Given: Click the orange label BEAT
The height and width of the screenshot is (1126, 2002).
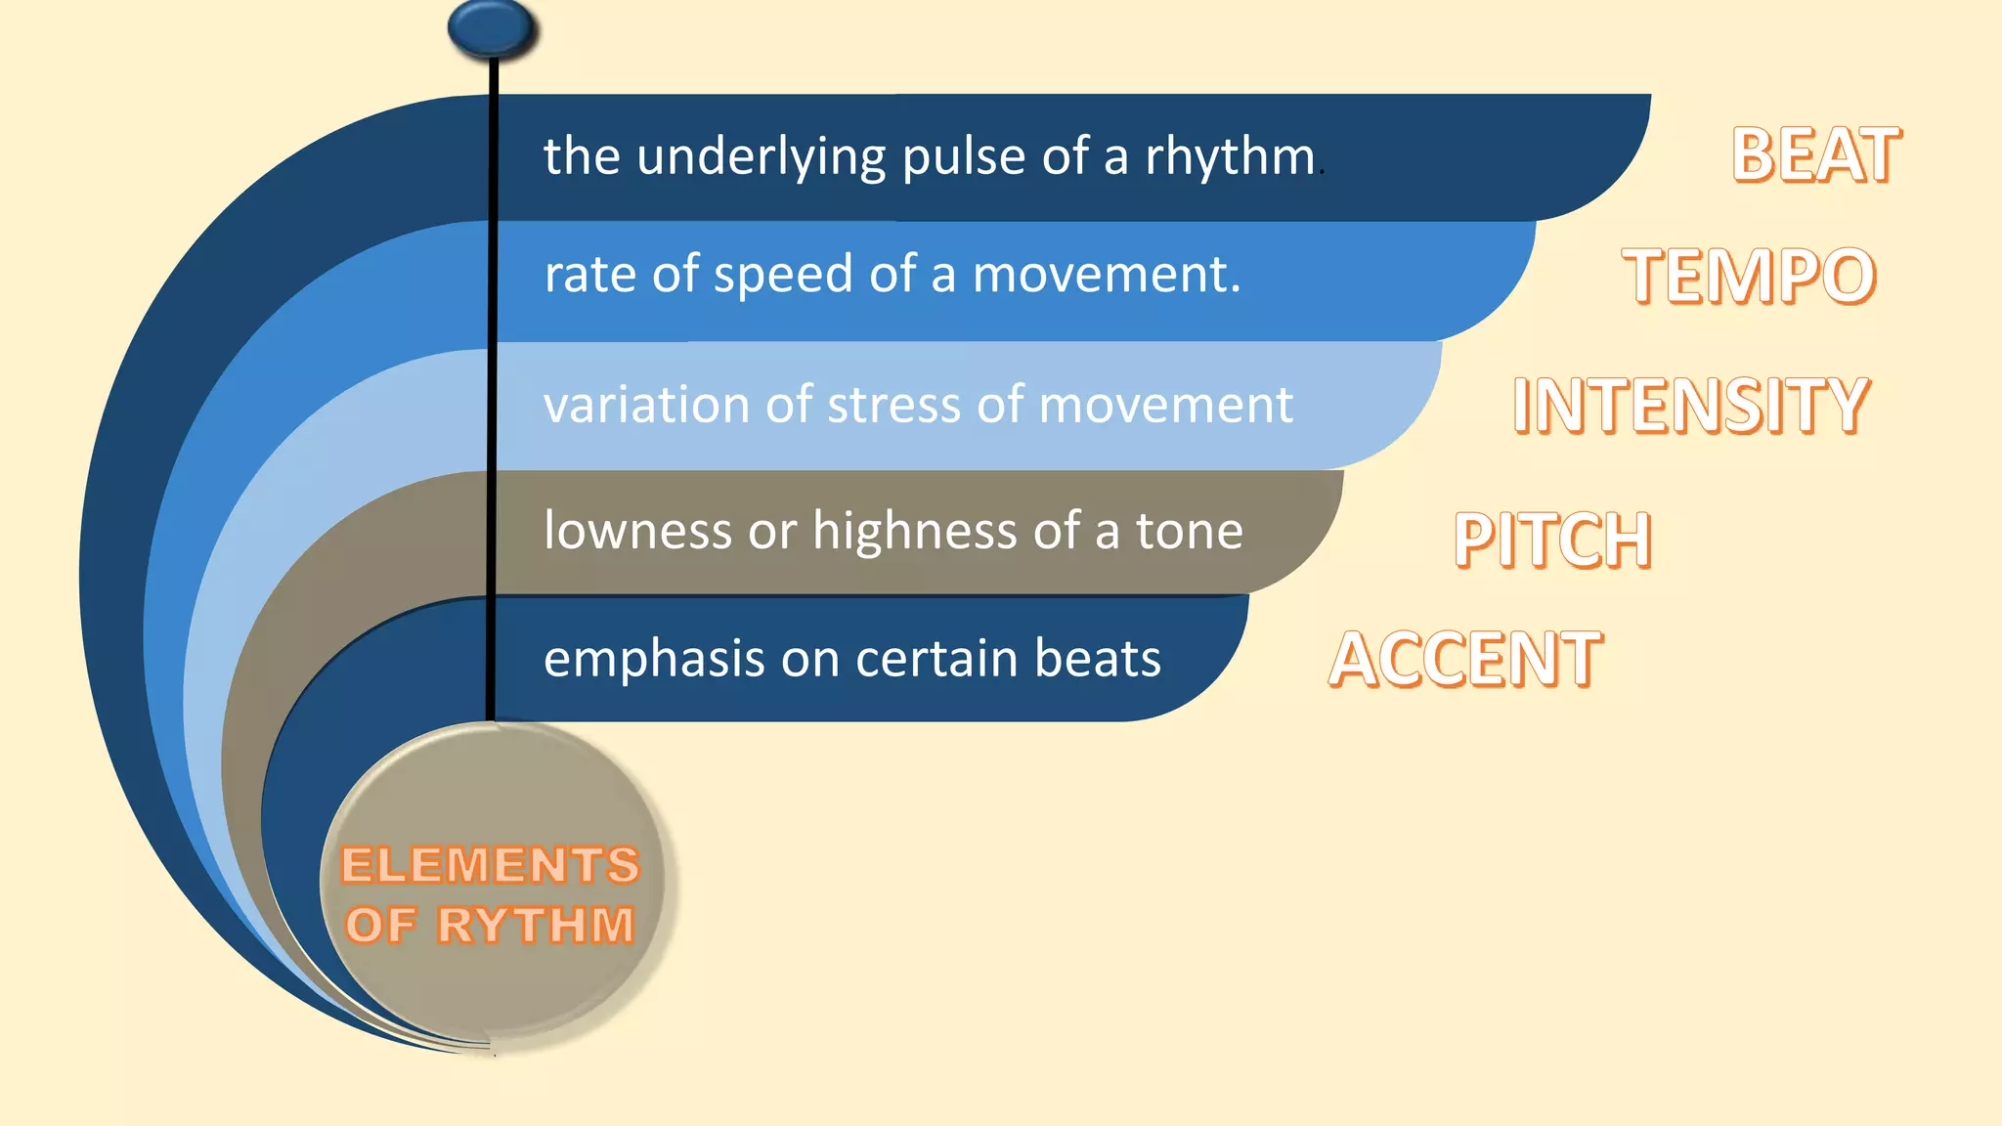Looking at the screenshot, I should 1815,155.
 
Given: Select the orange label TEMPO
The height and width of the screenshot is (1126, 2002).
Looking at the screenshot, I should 1749,276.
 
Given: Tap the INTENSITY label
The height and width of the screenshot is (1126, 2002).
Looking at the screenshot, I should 1691,405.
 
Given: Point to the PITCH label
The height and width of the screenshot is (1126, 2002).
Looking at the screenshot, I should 1552,540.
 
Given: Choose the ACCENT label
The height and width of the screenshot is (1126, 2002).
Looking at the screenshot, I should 1465,660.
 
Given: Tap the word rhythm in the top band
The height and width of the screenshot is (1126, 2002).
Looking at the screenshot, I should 1230,156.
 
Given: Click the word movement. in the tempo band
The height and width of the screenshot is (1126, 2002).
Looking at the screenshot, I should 1107,275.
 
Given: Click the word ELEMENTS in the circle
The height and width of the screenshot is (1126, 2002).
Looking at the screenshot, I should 490,865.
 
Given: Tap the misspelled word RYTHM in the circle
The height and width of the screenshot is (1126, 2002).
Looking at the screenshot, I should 536,925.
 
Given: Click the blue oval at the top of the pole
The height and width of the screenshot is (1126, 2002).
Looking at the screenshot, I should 492,27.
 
